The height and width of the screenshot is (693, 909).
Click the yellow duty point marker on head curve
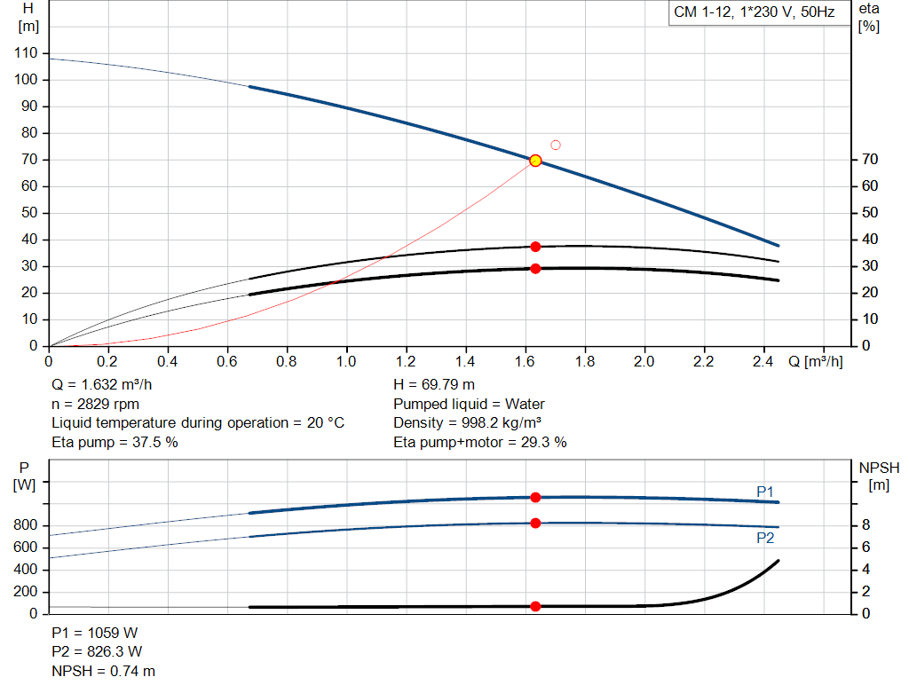pyautogui.click(x=535, y=161)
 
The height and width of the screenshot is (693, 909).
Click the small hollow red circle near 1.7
pyautogui.click(x=556, y=145)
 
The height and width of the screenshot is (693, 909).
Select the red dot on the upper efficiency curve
pyautogui.click(x=535, y=247)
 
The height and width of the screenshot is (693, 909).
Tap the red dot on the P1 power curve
pyautogui.click(x=535, y=498)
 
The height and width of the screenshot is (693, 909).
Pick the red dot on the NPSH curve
pyautogui.click(x=535, y=606)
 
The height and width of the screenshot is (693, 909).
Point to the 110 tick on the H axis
pyautogui.click(x=27, y=53)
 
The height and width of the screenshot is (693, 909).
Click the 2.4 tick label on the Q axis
pyautogui.click(x=763, y=361)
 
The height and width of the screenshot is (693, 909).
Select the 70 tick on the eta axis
pyautogui.click(x=869, y=160)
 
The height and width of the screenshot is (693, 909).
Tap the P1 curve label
pyautogui.click(x=765, y=491)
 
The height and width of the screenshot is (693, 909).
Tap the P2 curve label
pyautogui.click(x=765, y=538)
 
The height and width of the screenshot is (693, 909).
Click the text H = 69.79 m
pyautogui.click(x=434, y=384)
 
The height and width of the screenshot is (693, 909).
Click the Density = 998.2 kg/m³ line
pyautogui.click(x=469, y=422)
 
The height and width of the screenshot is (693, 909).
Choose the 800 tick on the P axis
pyautogui.click(x=27, y=525)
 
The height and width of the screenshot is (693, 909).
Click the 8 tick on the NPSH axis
pyautogui.click(x=866, y=525)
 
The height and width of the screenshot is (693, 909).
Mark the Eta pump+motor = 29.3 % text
pyautogui.click(x=479, y=442)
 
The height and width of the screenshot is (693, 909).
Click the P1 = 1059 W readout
pyautogui.click(x=95, y=633)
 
